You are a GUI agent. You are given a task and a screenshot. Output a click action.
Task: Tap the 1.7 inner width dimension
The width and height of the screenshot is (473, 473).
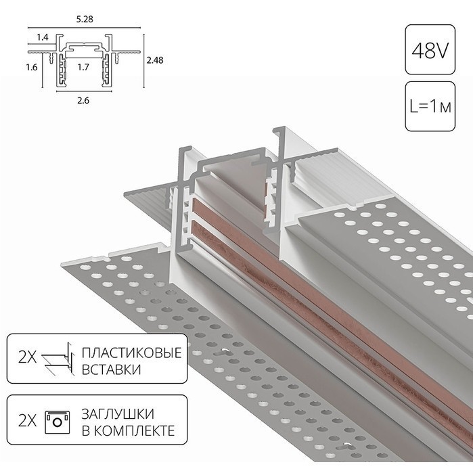pyautogui.click(x=83, y=67)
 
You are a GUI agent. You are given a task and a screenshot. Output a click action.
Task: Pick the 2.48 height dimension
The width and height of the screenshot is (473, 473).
pyautogui.click(x=155, y=60)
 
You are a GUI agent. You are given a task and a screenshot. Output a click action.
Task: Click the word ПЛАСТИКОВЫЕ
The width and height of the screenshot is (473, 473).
pyautogui.click(x=131, y=353)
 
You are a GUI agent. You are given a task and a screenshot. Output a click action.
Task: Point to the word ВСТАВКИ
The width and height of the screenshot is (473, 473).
pyautogui.click(x=112, y=370)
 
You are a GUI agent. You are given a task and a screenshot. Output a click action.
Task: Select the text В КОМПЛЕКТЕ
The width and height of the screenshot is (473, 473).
pyautogui.click(x=127, y=430)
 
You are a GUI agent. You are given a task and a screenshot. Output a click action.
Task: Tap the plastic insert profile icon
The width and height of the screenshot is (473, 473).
pyautogui.click(x=57, y=361)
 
